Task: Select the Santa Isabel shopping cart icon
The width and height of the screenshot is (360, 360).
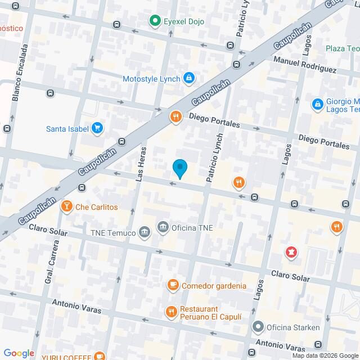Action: (98, 128)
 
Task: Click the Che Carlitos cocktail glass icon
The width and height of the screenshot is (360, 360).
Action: (67, 206)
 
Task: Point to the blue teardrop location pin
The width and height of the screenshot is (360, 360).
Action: (179, 168)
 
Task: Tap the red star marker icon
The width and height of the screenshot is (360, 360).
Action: (291, 252)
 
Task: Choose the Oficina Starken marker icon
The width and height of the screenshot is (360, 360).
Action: (258, 327)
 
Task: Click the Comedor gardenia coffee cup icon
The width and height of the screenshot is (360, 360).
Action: (173, 285)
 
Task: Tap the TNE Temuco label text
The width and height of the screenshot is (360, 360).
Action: (112, 232)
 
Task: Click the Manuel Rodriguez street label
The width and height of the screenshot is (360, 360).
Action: (305, 65)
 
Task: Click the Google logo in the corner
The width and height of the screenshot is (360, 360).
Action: (19, 353)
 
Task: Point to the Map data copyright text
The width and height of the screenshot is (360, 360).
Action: (324, 355)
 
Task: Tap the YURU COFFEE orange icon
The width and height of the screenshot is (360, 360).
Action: (99, 356)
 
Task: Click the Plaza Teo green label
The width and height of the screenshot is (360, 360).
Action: (342, 48)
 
